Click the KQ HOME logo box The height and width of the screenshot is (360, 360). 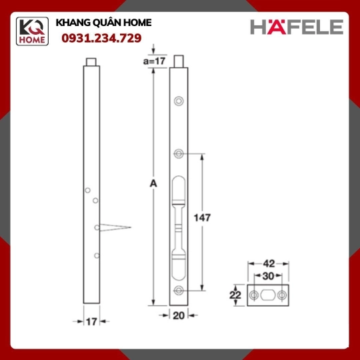32,31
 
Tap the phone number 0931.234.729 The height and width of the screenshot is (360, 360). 101,38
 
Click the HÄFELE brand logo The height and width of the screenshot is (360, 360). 297,27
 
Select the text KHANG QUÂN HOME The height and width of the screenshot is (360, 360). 103,23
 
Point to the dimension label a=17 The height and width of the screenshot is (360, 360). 154,61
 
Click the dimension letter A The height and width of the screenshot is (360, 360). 153,184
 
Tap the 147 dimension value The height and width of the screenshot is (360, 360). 202,217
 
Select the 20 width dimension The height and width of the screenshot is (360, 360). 179,316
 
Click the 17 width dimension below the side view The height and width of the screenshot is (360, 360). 91,321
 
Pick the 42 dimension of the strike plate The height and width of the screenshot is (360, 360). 269,264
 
